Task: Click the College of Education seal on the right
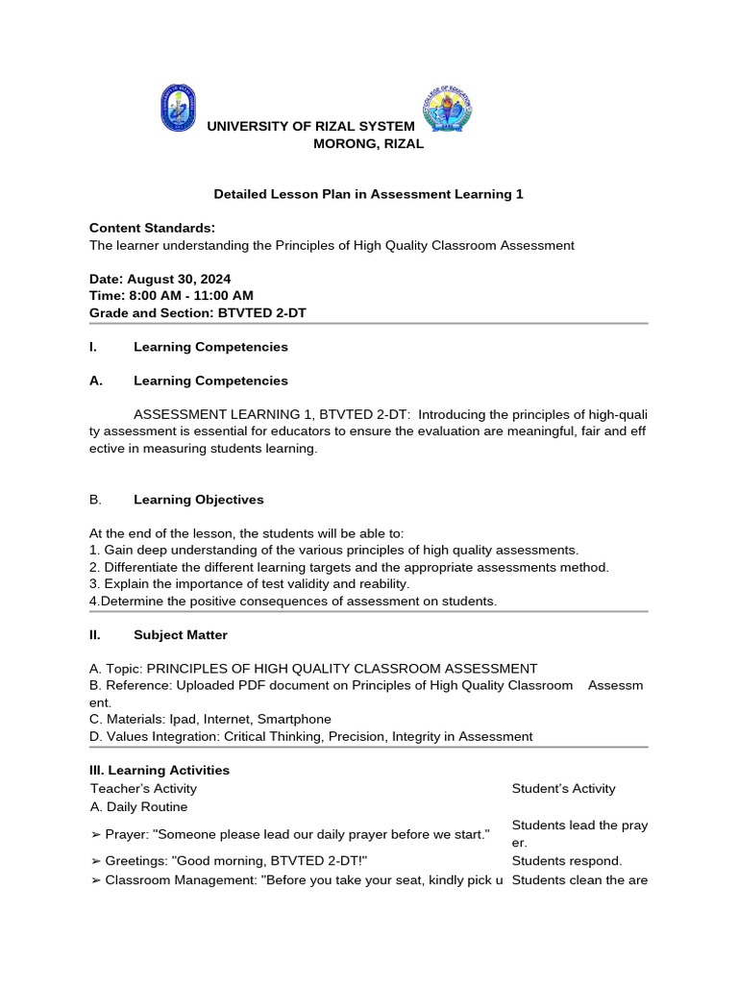coord(446,109)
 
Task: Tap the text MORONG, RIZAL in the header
coord(369,144)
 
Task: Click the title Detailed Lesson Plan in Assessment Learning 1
coord(368,194)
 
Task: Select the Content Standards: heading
coord(152,228)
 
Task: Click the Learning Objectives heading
coord(198,500)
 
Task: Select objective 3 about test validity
coord(249,583)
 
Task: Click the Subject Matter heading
coord(181,635)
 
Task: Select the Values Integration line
coord(310,736)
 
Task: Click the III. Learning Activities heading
coord(160,771)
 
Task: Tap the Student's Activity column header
coord(563,789)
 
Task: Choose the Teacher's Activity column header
coord(143,789)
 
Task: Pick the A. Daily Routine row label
coord(138,806)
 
